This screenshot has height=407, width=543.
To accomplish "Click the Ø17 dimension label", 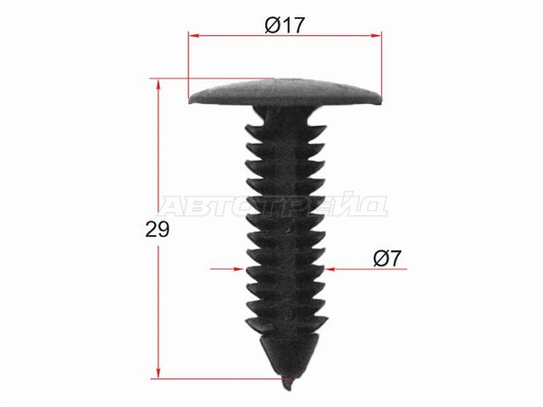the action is point(284,25).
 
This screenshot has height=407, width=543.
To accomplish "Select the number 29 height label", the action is point(157,229).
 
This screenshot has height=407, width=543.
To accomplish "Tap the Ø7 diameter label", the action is point(386,258).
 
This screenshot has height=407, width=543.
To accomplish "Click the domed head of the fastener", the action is point(285,92).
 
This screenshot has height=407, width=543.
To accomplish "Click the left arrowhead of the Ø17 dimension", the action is point(194,35).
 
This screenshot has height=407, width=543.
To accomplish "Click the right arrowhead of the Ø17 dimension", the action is point(376,35).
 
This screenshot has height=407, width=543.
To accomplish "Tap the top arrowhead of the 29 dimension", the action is point(158,84).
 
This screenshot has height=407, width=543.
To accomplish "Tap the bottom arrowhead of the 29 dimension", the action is point(158,373).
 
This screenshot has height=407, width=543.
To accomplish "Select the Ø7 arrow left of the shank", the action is point(227,269).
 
